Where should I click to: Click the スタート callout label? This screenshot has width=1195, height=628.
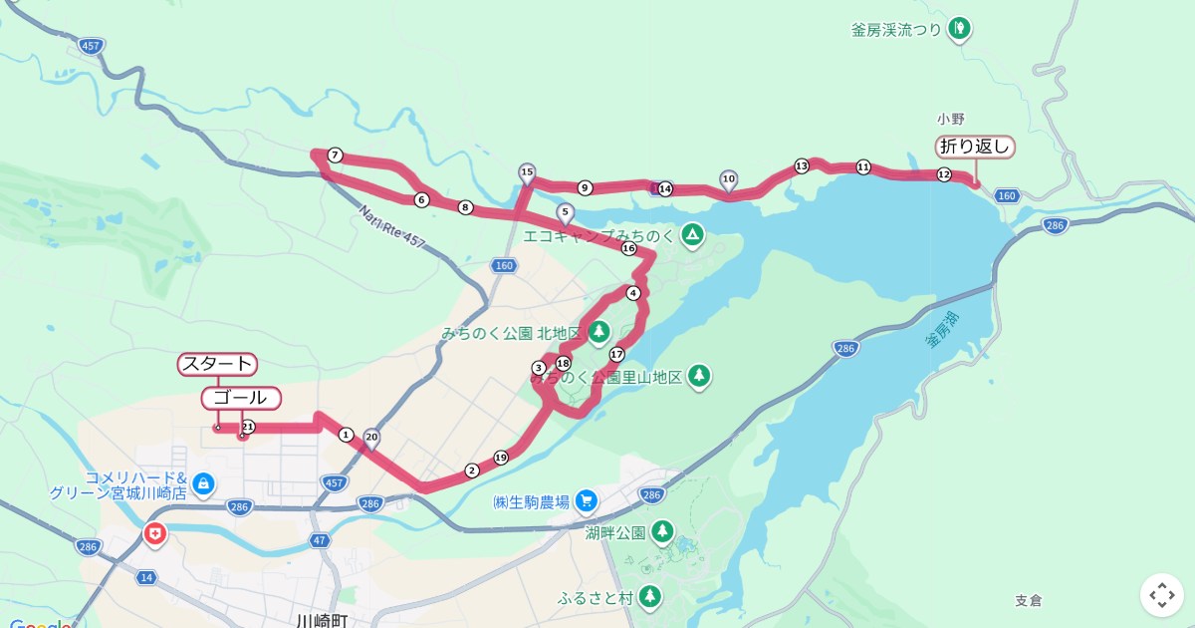pos(217,364)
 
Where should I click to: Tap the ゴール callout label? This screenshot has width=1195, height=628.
pos(241,398)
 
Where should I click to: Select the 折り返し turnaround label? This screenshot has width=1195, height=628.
pos(975,147)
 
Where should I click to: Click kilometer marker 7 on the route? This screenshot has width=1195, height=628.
pos(336,155)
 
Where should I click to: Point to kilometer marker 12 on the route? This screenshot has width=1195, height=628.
pos(943,174)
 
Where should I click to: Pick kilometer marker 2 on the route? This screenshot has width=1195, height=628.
pos(472,471)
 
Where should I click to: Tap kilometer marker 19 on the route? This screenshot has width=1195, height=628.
pos(501,457)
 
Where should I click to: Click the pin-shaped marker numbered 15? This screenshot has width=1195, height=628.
pos(527,172)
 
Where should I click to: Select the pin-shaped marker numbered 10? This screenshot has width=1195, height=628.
pos(728,179)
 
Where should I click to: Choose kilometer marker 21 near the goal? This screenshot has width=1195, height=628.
pos(248,427)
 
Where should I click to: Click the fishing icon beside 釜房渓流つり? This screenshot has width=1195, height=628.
pos(959,28)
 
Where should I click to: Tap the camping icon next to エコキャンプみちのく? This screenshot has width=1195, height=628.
pos(692,236)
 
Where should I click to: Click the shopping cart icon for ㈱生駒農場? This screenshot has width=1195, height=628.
pos(586,501)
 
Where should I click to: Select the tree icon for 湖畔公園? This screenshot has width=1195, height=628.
pos(662,532)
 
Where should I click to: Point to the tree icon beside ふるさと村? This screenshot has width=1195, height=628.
pos(649,597)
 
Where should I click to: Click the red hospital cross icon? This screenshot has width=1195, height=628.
pos(155,534)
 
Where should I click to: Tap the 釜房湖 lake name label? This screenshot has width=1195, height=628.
pos(942,330)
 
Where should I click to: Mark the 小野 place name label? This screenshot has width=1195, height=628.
pos(951,119)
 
